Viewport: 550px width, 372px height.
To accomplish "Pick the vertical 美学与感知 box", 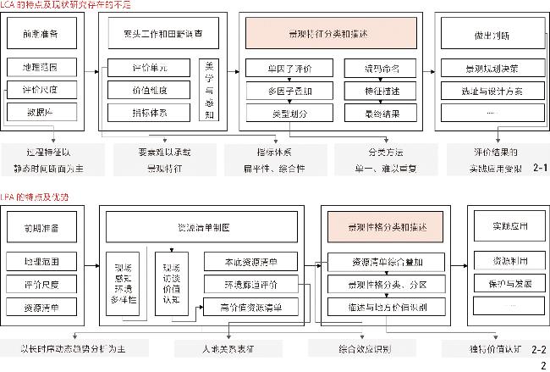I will [210, 90].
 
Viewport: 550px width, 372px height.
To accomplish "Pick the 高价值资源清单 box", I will [251, 305].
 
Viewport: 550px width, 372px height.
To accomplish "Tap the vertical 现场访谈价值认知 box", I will [171, 282].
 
